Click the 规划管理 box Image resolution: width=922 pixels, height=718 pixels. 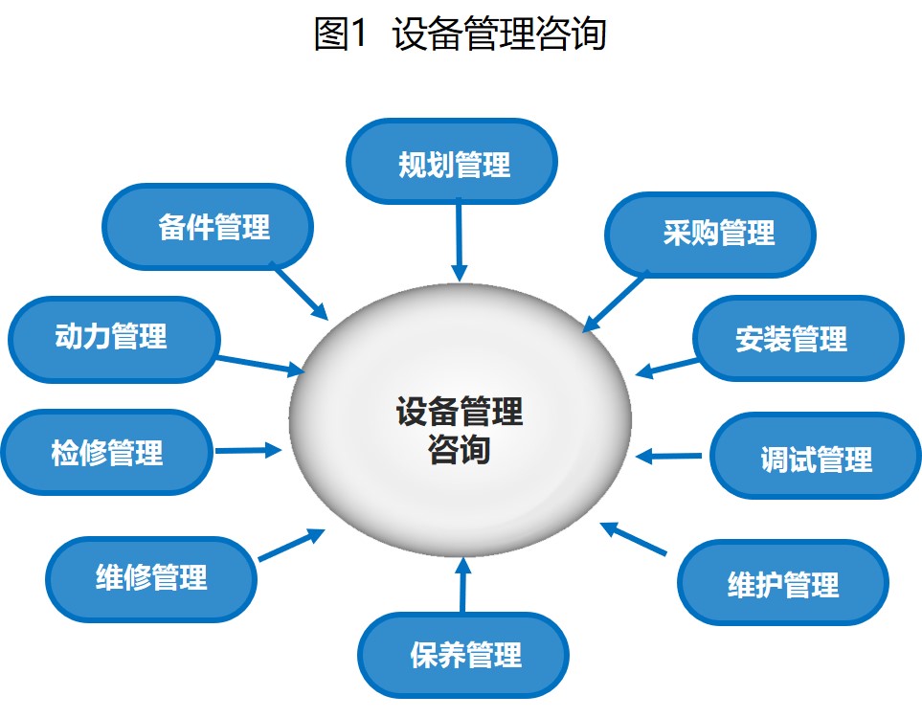tap(451, 162)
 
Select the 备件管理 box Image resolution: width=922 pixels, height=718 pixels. tap(208, 227)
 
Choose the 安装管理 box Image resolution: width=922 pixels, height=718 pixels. tap(798, 339)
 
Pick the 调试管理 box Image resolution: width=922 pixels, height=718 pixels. tap(815, 457)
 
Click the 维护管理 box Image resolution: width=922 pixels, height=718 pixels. tap(783, 584)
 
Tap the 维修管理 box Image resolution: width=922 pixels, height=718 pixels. tap(151, 577)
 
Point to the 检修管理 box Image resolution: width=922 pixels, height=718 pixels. tap(106, 452)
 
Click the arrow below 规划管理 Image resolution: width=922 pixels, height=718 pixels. tap(460, 239)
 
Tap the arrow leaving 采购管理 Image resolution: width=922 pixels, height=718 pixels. tap(615, 302)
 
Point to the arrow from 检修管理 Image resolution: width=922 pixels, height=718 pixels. tap(248, 449)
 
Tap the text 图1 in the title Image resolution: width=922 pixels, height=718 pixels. tap(341, 34)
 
